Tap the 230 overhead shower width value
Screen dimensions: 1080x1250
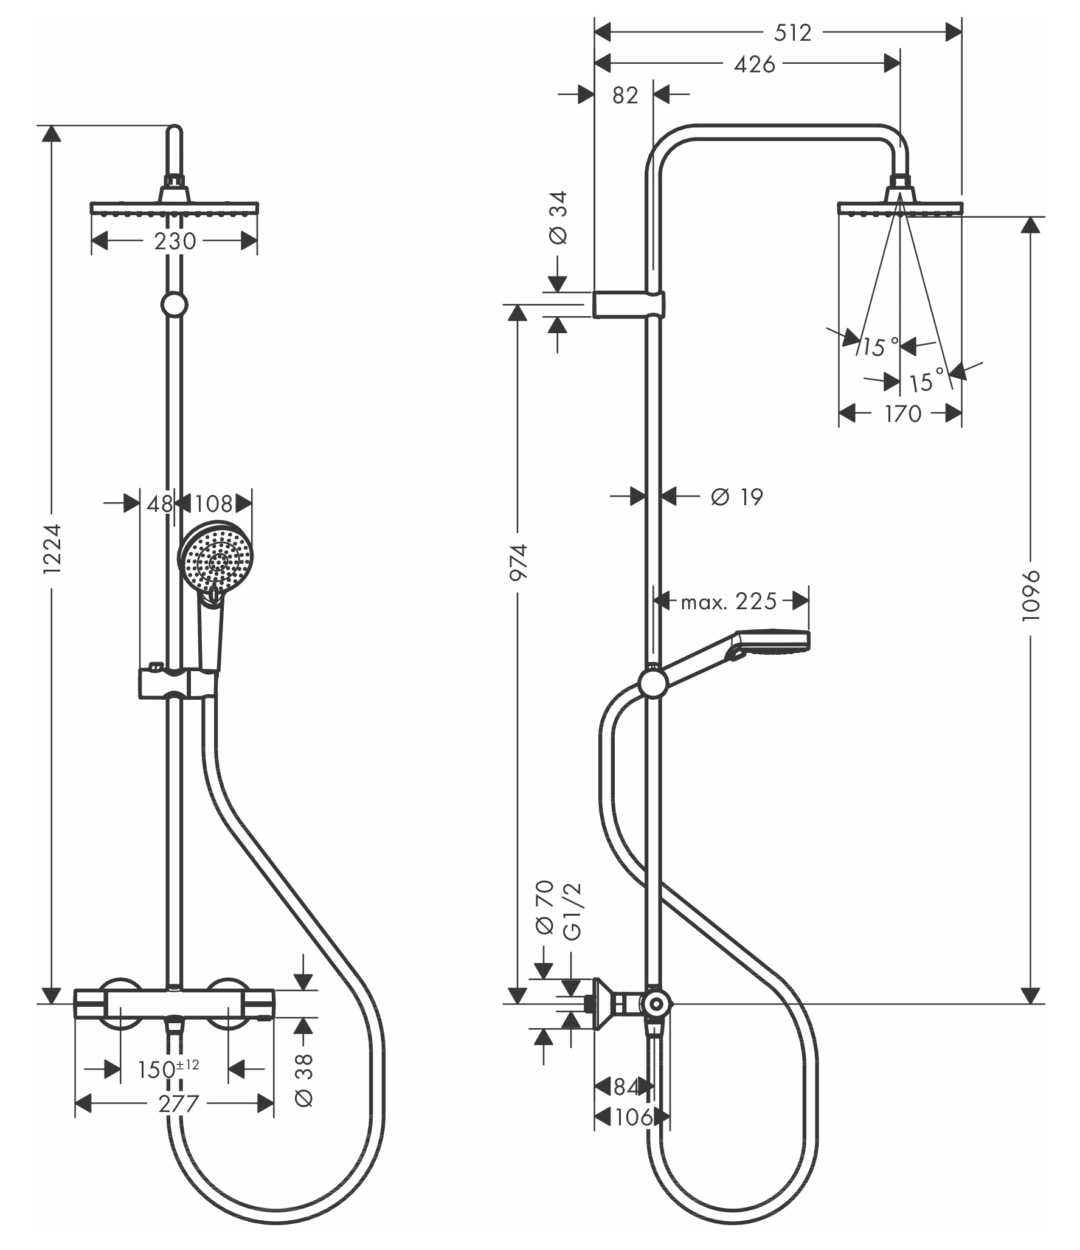tap(175, 241)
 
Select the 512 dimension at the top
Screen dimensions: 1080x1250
tap(793, 33)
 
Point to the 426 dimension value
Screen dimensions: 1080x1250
tap(755, 64)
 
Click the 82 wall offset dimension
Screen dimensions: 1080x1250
tap(625, 95)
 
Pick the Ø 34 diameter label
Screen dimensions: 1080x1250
tap(558, 218)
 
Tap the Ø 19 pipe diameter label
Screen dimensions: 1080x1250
tap(736, 497)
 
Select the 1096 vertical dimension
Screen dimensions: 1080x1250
tap(1031, 595)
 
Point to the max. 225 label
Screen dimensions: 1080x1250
tap(729, 601)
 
